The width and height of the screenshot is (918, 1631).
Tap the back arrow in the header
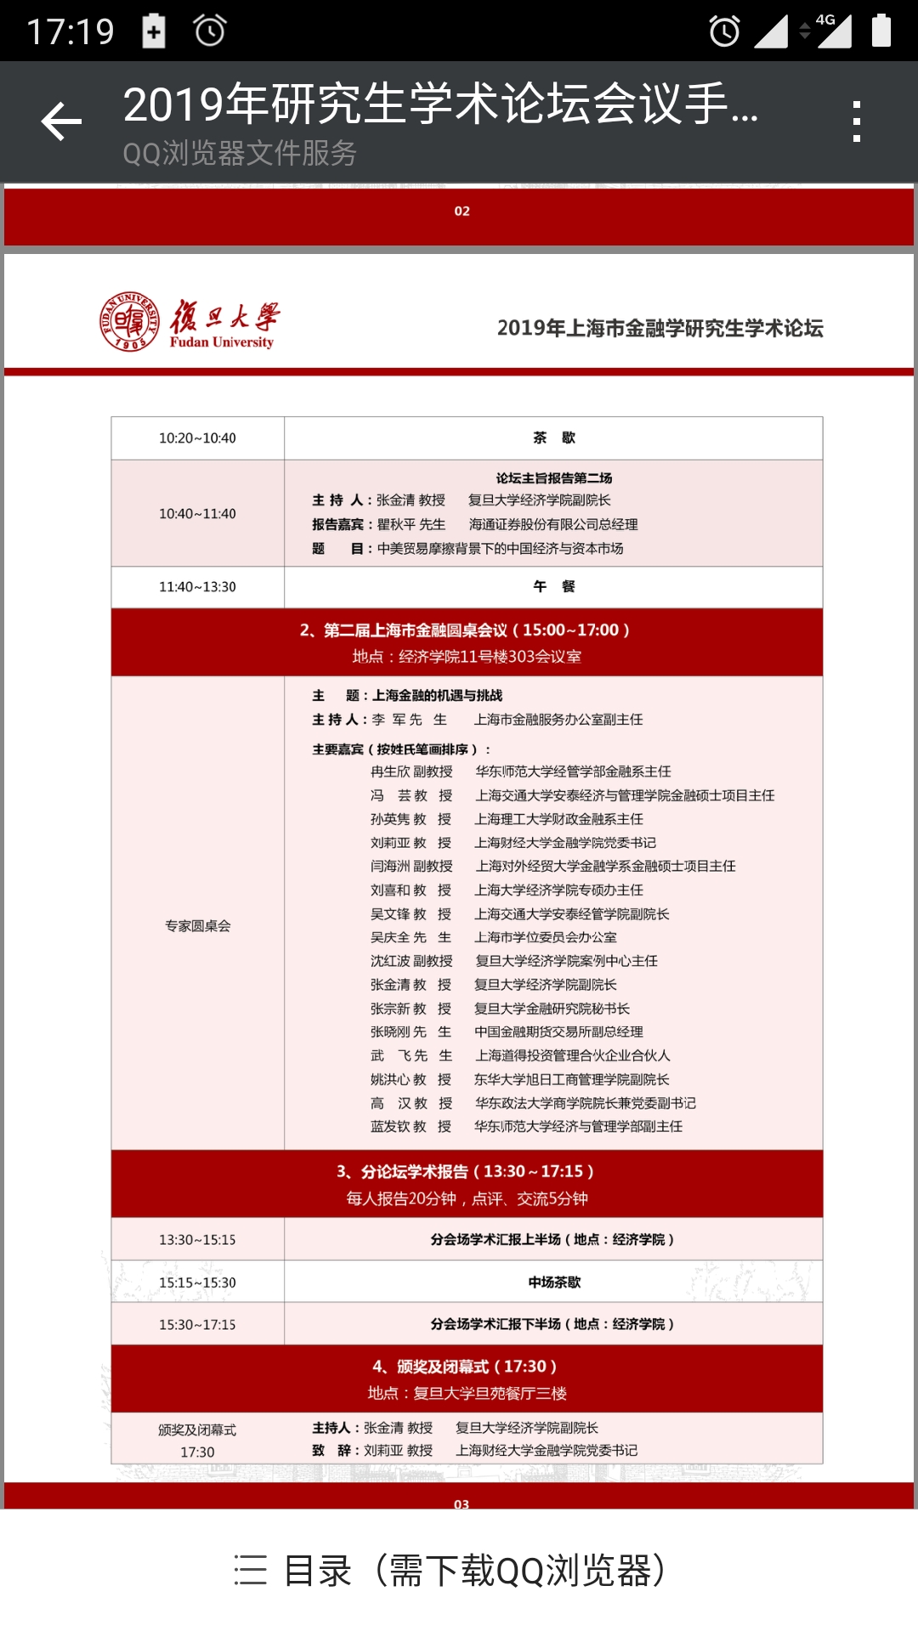(62, 121)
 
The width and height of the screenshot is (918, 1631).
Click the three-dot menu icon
(856, 121)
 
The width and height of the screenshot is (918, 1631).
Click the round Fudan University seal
(129, 321)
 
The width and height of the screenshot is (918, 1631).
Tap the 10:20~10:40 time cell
(197, 438)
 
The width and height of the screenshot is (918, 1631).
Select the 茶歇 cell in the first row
(553, 438)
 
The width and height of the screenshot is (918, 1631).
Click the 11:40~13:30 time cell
(197, 587)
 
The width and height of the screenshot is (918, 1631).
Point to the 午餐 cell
(553, 587)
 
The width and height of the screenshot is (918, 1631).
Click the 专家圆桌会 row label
(197, 926)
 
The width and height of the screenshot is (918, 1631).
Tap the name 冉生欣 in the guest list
(390, 771)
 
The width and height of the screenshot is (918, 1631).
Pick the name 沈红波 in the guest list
(390, 961)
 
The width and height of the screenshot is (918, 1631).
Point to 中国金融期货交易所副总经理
(558, 1032)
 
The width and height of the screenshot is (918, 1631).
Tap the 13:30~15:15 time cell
(197, 1240)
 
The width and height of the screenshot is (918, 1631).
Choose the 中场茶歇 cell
(553, 1283)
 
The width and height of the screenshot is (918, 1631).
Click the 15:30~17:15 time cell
(197, 1325)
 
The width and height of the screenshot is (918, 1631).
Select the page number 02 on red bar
(462, 212)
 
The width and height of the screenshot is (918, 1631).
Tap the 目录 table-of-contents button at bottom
(450, 1571)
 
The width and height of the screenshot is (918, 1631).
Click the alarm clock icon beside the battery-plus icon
(209, 31)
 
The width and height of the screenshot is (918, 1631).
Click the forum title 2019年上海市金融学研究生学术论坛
(660, 328)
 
